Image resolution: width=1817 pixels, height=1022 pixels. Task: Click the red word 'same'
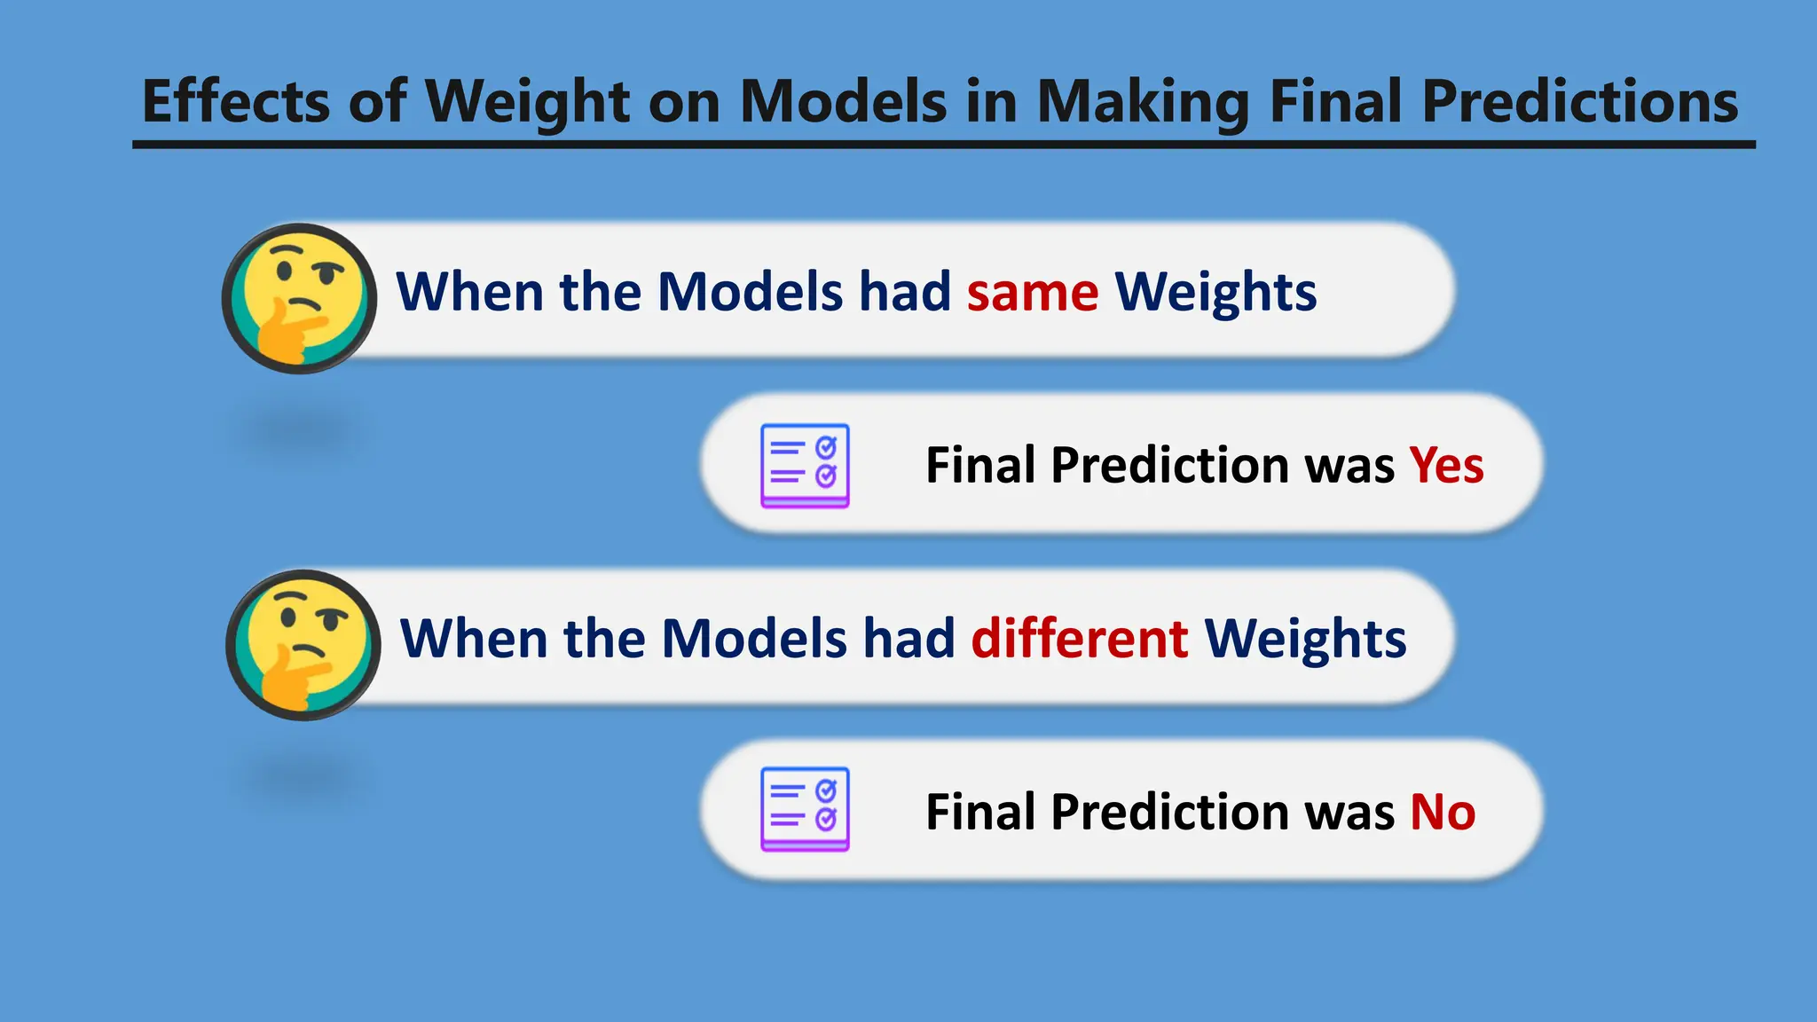tap(1032, 293)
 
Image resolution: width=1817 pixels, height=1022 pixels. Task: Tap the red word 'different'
tap(1079, 639)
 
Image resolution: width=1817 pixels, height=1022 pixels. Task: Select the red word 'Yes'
tap(1446, 465)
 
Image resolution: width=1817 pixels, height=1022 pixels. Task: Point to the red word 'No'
tap(1443, 812)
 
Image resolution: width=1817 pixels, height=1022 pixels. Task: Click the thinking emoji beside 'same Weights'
tap(300, 298)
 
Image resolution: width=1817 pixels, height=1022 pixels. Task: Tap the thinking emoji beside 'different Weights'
tap(303, 645)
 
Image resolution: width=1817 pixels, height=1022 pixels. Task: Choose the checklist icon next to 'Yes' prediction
tap(805, 466)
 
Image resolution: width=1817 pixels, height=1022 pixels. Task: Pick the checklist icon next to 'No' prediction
tap(805, 809)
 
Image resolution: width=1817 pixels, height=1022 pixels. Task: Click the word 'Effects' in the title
tap(236, 101)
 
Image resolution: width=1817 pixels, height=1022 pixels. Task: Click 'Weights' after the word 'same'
tap(1215, 293)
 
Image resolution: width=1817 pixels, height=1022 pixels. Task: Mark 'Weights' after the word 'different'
tap(1304, 639)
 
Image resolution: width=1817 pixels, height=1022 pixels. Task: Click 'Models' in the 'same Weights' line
tap(750, 293)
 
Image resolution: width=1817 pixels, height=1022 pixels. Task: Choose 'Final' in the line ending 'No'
tap(980, 812)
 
